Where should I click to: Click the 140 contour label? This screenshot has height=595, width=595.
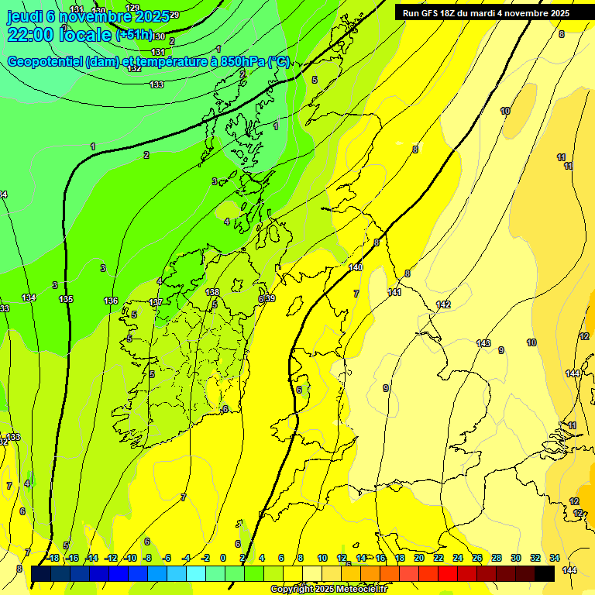[356, 267]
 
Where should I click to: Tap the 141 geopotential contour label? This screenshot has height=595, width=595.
[394, 292]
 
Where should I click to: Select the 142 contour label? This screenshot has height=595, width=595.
[443, 304]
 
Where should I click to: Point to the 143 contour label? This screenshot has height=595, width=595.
[483, 343]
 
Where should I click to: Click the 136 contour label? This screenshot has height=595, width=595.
[111, 301]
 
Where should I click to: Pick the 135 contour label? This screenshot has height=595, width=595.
[66, 299]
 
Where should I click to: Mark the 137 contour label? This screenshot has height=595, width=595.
[156, 302]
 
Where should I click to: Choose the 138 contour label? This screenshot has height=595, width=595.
[212, 292]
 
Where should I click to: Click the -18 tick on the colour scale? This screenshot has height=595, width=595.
[52, 558]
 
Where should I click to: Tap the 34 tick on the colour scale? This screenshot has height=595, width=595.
[555, 558]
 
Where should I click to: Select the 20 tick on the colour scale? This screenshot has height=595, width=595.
[419, 558]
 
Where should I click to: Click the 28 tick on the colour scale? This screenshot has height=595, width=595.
[497, 558]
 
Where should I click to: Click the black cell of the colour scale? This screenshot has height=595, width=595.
[545, 573]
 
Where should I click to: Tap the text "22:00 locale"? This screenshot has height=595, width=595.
[59, 35]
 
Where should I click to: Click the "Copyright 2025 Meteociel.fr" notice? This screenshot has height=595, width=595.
[328, 590]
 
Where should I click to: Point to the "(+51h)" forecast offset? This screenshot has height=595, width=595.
[133, 36]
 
